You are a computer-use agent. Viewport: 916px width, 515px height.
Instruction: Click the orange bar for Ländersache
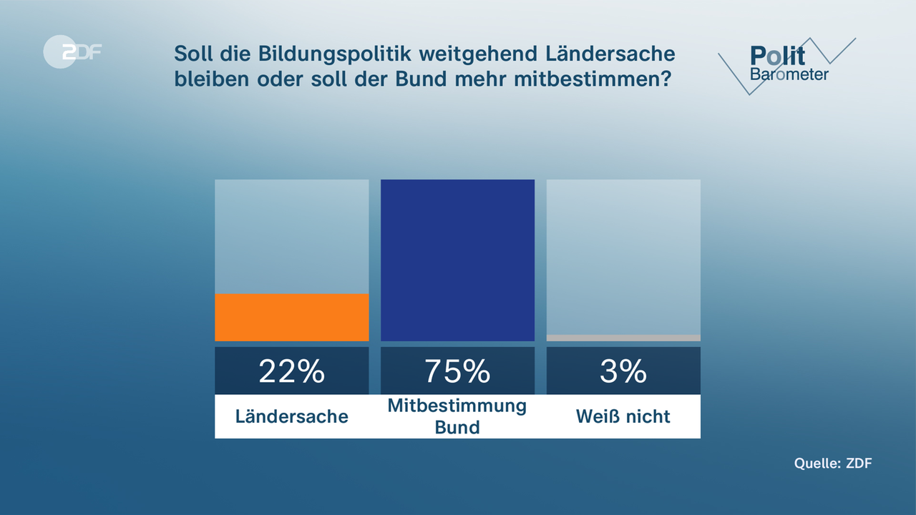(291, 318)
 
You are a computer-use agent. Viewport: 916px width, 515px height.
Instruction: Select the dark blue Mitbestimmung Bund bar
(457, 260)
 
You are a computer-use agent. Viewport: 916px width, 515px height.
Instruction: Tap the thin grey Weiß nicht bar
(623, 338)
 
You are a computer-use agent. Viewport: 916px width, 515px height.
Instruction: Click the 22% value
(291, 371)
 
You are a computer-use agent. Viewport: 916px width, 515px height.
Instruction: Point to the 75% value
(457, 371)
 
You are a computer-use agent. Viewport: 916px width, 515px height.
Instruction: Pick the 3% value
(623, 371)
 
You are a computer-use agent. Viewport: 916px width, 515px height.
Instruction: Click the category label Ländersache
(291, 416)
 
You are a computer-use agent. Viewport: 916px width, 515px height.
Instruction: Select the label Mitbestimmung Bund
(457, 416)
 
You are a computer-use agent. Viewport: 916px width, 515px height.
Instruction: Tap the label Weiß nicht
(623, 416)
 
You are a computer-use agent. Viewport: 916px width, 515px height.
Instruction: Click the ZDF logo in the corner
(72, 51)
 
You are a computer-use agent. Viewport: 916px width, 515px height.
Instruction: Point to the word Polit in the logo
(777, 55)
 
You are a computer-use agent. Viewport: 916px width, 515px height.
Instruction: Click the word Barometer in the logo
(789, 74)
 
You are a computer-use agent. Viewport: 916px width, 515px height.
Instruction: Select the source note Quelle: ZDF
(833, 463)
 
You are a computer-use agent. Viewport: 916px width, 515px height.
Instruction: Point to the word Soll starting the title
(193, 54)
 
